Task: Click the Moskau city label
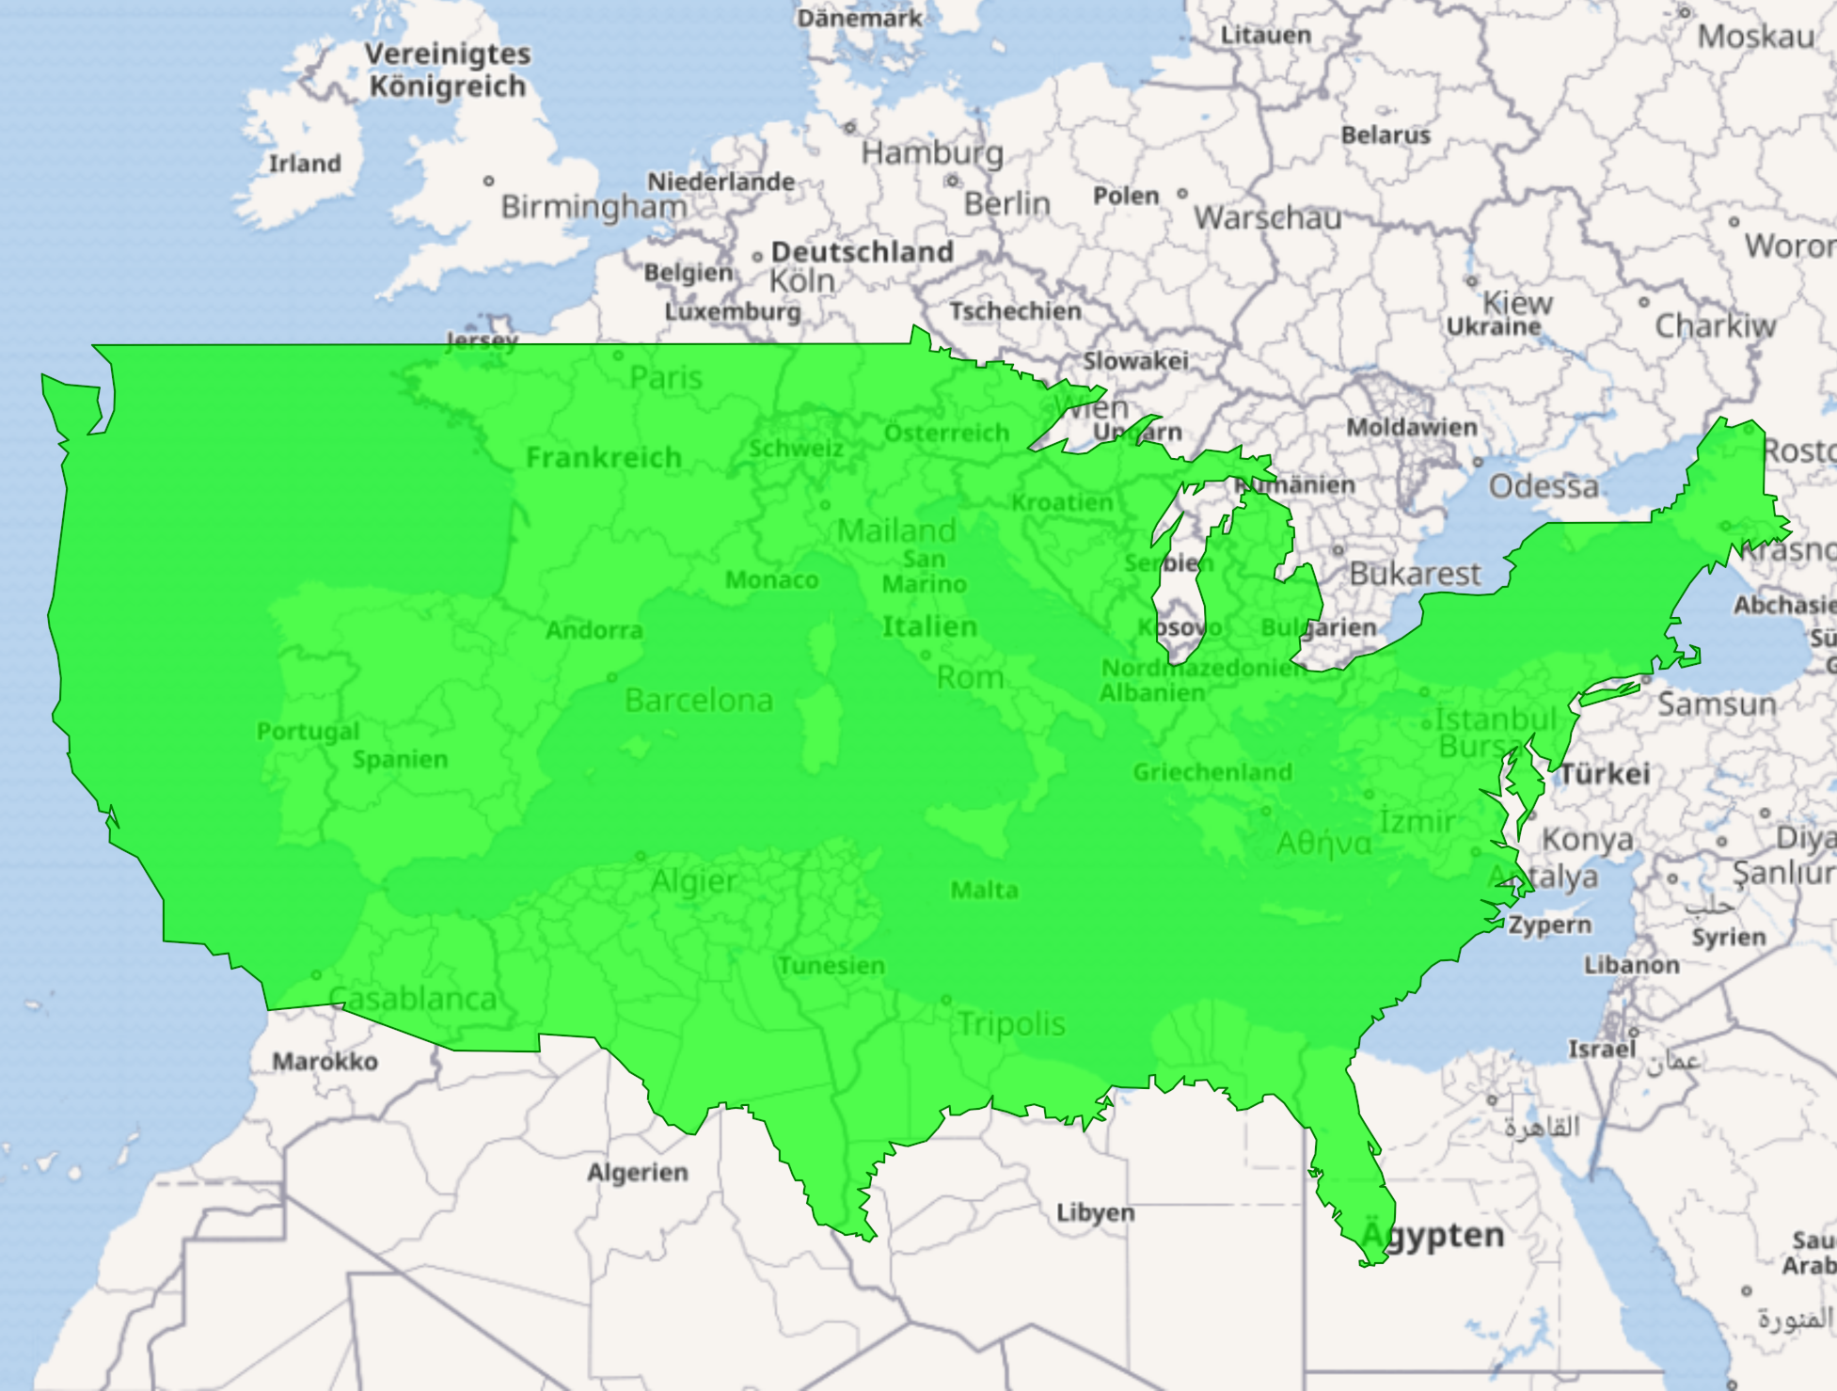1755,37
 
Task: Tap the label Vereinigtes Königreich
448,70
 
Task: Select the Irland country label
305,164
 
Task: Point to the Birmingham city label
594,206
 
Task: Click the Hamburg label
932,152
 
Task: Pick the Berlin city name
1006,203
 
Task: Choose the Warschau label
1267,218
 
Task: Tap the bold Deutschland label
862,252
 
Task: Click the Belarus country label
1385,135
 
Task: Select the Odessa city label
1543,486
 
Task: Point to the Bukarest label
1415,574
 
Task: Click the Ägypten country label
1433,1235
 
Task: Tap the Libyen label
1095,1212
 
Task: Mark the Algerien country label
638,1172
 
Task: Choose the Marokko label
325,1062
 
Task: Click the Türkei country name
1605,774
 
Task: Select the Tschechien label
1015,311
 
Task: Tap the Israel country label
1602,1049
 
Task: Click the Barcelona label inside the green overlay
699,700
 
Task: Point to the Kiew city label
1517,303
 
